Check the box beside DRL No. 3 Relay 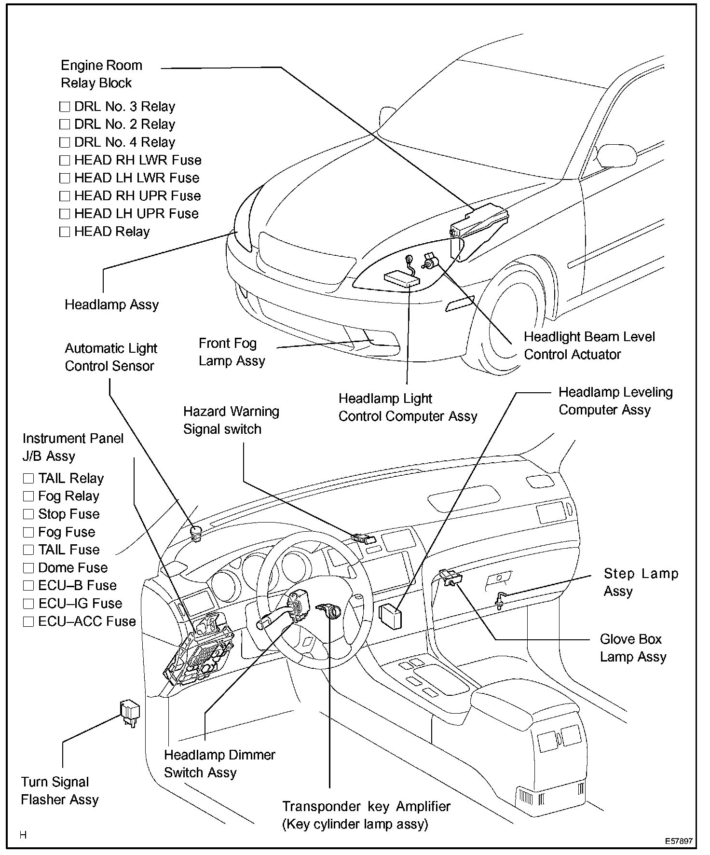click(x=65, y=107)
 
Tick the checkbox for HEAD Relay click(x=65, y=232)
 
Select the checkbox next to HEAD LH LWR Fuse click(x=65, y=179)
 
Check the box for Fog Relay click(x=28, y=496)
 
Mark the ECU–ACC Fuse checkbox click(x=28, y=621)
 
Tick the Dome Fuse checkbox click(x=28, y=568)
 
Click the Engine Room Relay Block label click(x=101, y=74)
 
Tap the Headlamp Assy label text click(x=111, y=305)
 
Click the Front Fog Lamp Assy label click(x=232, y=352)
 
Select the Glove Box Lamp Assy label click(x=633, y=648)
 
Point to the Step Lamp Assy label click(x=641, y=582)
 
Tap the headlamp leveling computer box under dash click(x=390, y=617)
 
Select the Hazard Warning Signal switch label click(x=231, y=420)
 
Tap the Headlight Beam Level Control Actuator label click(x=589, y=345)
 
